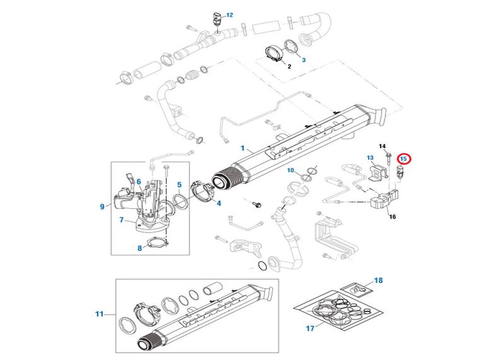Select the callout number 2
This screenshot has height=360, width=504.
pos(289,66)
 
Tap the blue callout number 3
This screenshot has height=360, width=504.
pos(304,60)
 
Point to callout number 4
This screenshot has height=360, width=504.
pos(219,204)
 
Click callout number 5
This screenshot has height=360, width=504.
pos(179,185)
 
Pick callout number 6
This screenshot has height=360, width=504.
pos(139,182)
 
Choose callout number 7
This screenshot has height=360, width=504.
pos(122,220)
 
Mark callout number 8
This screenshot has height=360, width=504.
pos(140,248)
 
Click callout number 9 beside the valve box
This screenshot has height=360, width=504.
pos(101,206)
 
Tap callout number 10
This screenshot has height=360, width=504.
pos(290,171)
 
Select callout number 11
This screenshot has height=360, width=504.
pos(99,313)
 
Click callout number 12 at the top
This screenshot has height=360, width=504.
pos(212,15)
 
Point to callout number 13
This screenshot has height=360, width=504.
pos(370,158)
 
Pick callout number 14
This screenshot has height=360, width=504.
pos(382,146)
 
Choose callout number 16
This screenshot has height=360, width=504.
pos(392,217)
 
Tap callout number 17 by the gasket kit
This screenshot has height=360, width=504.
pos(309,328)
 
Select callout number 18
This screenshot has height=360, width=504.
pos(378,279)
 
